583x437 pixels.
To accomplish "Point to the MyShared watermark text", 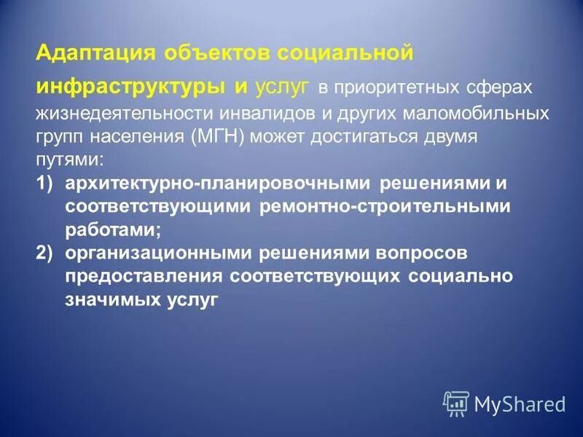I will (519, 403).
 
